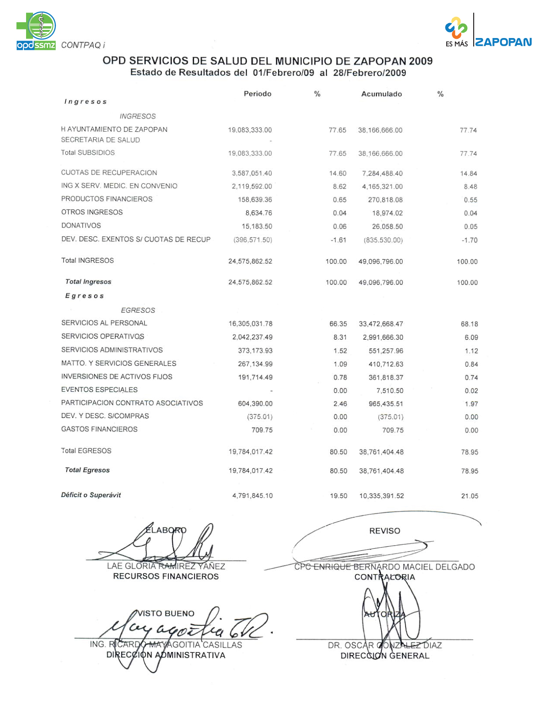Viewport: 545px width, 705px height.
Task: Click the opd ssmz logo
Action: point(36,31)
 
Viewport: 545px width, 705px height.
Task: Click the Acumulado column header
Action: point(381,94)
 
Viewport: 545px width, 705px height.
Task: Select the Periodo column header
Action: point(257,94)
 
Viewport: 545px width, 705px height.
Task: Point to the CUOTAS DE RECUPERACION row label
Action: point(109,173)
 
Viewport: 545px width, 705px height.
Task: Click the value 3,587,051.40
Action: point(251,173)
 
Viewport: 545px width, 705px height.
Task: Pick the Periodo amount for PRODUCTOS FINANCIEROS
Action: point(255,200)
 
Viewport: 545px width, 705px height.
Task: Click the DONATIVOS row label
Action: point(81,226)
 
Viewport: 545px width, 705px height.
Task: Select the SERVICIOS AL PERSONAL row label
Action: point(104,323)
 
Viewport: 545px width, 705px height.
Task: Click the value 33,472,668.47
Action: point(381,324)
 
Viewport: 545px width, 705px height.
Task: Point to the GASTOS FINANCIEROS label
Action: point(99,429)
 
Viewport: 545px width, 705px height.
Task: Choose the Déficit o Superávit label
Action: point(91,495)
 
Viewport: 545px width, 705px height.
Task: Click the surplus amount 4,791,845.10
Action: point(252,496)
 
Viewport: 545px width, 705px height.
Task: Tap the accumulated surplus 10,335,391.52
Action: point(381,496)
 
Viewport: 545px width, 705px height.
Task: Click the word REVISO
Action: point(385,531)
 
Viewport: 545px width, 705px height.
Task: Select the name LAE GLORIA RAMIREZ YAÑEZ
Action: point(166,566)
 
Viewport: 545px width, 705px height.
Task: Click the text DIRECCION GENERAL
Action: point(385,655)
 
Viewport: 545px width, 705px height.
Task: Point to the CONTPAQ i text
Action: point(83,45)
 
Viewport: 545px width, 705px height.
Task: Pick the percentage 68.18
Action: point(469,324)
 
